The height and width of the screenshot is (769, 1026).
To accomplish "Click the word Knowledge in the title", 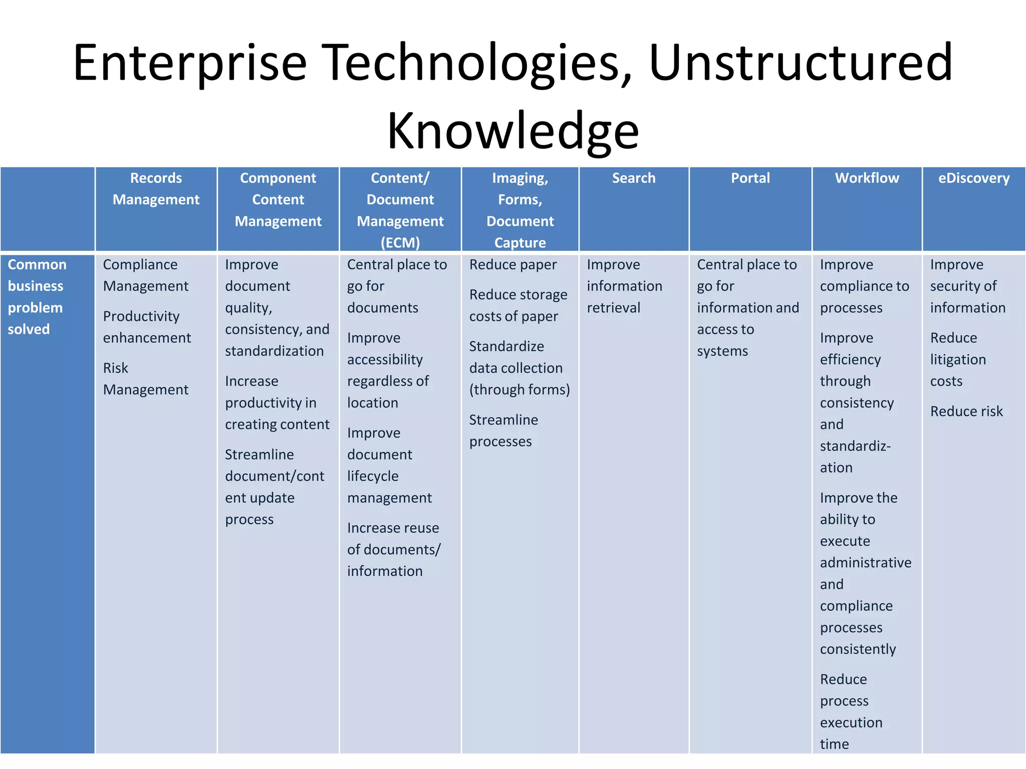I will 512,131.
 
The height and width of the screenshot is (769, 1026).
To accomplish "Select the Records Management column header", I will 156,189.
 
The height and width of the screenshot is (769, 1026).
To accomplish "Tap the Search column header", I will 633,178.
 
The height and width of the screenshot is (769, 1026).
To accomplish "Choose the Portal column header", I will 750,178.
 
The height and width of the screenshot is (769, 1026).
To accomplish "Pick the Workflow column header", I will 867,178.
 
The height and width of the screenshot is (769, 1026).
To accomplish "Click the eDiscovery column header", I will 973,178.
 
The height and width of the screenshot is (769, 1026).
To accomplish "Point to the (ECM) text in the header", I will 400,243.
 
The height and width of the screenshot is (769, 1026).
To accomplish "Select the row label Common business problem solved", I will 37,296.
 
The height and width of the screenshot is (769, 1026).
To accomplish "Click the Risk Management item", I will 145,378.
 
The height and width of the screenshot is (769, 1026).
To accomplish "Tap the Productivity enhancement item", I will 147,327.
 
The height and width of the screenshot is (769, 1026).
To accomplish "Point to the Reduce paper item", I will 512,264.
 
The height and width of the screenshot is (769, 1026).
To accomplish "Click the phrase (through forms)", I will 520,390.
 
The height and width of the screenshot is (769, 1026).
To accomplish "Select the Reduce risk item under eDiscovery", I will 966,411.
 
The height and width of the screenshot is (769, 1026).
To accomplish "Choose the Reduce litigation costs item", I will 957,359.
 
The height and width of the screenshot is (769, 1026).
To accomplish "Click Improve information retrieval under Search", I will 624,286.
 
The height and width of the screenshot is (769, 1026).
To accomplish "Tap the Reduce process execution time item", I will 851,711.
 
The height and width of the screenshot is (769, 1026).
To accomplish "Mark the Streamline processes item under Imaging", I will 503,431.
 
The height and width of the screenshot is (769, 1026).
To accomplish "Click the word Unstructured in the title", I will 800,63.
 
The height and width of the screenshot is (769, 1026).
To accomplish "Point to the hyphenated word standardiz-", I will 855,446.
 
